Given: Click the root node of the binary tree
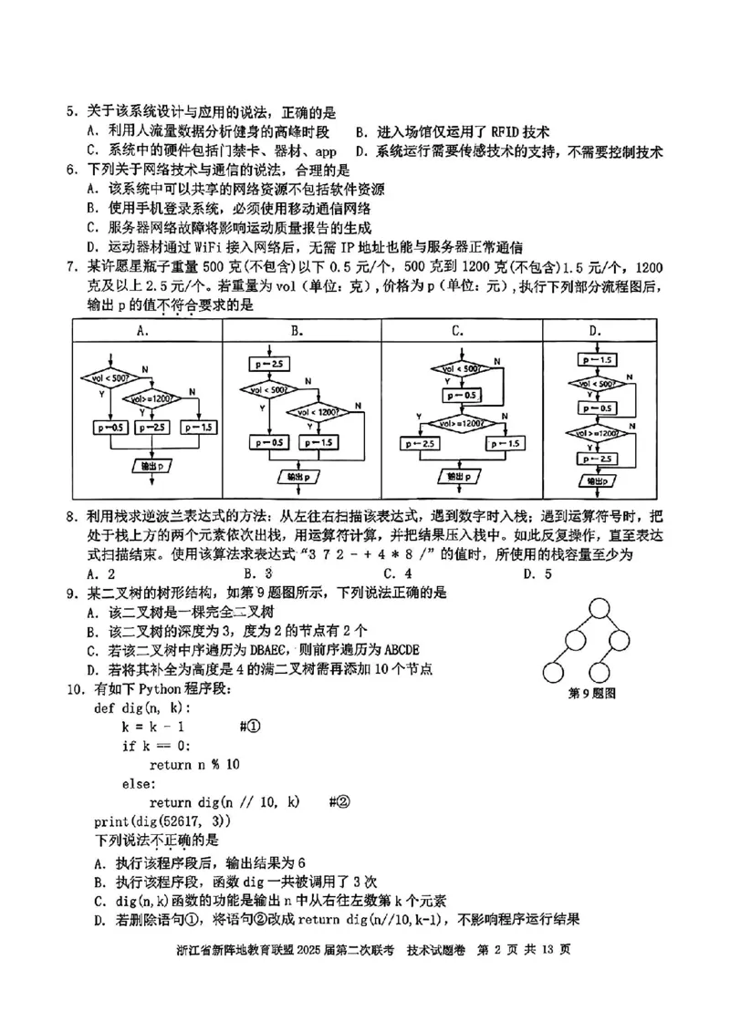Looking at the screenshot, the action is [598, 606].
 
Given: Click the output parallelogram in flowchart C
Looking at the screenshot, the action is [460, 476].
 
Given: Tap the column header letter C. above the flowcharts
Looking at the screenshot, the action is [458, 331].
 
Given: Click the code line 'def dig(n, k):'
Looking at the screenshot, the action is [141, 707].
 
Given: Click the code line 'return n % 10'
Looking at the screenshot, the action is [194, 764].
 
